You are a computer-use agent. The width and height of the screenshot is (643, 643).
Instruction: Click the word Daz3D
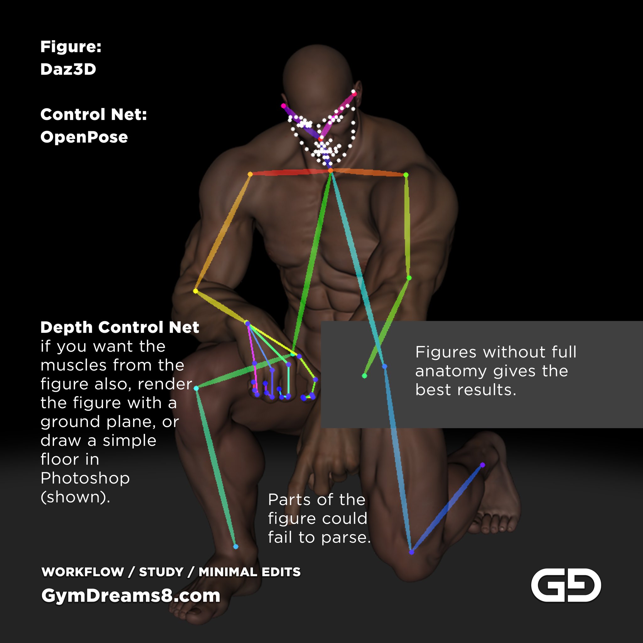point(68,69)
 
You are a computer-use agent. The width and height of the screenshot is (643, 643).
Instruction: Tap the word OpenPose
point(84,137)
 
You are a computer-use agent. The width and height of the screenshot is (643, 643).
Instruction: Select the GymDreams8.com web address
point(131,595)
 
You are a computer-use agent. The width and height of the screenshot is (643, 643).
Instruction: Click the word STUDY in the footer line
point(161,572)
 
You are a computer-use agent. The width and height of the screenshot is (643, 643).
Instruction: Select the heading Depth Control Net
point(120,327)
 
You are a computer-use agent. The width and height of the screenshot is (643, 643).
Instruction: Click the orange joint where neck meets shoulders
point(331,171)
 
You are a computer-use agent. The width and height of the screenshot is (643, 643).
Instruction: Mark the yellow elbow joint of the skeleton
point(196,291)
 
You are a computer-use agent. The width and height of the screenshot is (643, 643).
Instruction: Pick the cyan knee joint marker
point(196,388)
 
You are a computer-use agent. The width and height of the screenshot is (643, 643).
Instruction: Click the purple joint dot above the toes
point(483,465)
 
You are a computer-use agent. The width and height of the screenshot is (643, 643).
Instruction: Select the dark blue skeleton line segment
point(447,509)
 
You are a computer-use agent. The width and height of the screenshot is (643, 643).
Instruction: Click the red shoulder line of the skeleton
point(290,172)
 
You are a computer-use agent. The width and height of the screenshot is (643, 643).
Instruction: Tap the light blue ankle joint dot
point(236,547)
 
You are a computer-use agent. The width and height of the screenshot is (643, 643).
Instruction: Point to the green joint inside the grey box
point(365,376)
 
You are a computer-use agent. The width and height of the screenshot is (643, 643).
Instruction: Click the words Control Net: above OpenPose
point(94,115)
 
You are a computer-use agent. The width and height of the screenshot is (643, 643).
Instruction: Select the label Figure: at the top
point(71,46)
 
